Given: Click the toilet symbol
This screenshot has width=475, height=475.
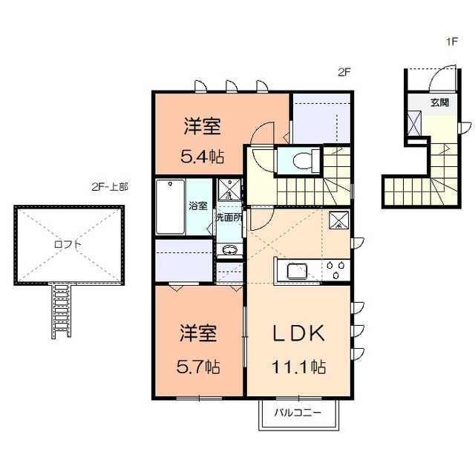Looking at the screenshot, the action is (304, 160).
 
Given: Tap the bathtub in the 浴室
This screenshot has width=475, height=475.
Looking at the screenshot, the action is (170, 206).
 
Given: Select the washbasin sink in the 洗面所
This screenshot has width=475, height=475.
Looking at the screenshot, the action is (229, 250).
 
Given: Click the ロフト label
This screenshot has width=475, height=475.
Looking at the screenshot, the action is (68, 244).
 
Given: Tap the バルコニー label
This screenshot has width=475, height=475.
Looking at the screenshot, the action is (298, 413).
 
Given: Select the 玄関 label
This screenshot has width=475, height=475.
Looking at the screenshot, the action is (439, 102).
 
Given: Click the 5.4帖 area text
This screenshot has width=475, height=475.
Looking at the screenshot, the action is (203, 157).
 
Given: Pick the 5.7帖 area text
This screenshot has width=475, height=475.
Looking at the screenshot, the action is (198, 367).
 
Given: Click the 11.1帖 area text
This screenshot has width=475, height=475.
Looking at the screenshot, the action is (298, 367).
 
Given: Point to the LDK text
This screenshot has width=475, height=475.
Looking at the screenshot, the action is (298, 333).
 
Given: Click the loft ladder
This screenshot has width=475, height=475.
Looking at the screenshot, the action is (61, 310).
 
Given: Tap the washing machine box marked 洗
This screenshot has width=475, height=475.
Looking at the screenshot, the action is (229, 189).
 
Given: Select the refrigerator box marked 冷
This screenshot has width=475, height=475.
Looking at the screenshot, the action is (338, 220).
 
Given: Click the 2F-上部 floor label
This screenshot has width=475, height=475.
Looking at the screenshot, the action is (110, 186).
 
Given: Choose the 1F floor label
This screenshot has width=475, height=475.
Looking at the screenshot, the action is (451, 42).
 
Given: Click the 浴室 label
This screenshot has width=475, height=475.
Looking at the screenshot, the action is (198, 206).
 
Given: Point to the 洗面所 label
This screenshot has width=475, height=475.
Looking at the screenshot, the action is (229, 217).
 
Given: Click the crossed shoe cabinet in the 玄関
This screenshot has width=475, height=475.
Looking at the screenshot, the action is (414, 124).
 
